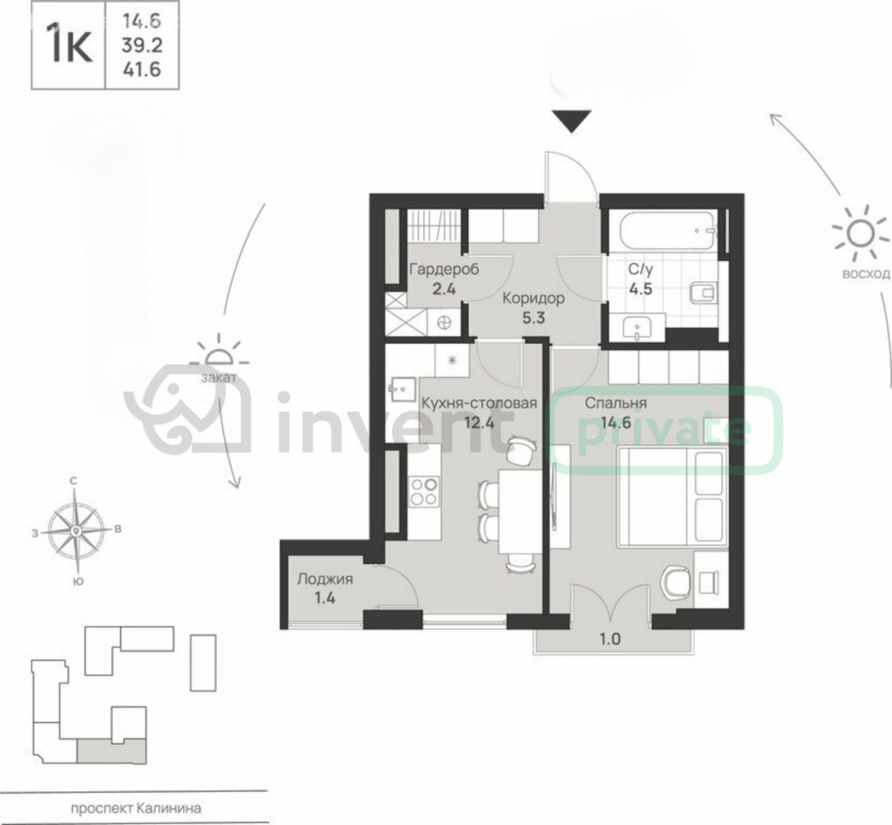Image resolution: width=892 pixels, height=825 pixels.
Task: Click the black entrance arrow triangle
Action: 572,121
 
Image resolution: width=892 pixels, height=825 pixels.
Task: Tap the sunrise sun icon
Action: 859,233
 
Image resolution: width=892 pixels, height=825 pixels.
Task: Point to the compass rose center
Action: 77,531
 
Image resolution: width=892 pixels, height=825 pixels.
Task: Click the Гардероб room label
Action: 444,269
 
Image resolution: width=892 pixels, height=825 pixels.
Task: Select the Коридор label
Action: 533,298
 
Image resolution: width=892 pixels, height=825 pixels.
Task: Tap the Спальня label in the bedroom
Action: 615,403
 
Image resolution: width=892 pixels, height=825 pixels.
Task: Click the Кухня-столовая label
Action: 479,403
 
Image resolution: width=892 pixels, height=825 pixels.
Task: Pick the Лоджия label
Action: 325,579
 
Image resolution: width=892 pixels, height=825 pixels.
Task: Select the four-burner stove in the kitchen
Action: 424,492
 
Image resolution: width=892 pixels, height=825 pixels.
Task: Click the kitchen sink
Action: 403,389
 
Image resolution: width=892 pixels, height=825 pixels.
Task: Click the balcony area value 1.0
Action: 610,638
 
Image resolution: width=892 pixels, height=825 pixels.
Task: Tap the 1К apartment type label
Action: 69,45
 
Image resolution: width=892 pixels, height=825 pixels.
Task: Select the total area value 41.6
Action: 142,70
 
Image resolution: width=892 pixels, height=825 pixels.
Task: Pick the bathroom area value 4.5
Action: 641,289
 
